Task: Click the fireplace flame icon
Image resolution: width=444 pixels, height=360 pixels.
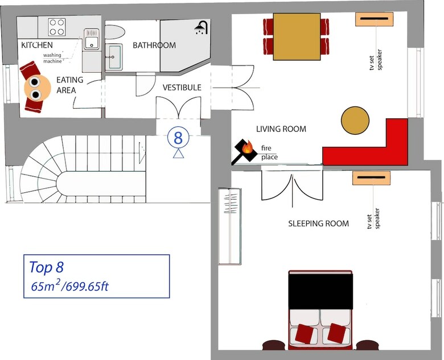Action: pyautogui.click(x=248, y=147)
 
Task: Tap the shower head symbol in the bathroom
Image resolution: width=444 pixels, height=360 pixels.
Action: pyautogui.click(x=202, y=28)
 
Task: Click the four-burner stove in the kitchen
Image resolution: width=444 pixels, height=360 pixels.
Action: pyautogui.click(x=57, y=27)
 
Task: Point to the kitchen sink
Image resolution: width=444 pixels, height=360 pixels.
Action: pyautogui.click(x=92, y=39)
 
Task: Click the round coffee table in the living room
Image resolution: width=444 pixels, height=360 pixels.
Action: pyautogui.click(x=355, y=120)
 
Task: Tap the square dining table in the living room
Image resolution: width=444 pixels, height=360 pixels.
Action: pyautogui.click(x=297, y=36)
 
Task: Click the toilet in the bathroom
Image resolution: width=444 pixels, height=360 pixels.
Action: pyautogui.click(x=114, y=32)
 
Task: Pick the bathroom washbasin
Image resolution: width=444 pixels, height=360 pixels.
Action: pyautogui.click(x=114, y=57)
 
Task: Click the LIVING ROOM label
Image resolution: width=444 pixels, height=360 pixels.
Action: pyautogui.click(x=281, y=129)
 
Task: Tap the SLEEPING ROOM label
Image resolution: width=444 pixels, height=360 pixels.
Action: pyautogui.click(x=319, y=224)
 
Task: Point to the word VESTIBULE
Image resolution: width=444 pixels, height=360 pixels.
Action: pyautogui.click(x=182, y=88)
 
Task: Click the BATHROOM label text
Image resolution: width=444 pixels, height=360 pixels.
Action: pyautogui.click(x=154, y=45)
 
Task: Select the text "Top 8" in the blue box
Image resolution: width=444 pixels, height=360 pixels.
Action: pyautogui.click(x=47, y=267)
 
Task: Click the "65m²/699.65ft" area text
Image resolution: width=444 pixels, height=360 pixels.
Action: pyautogui.click(x=69, y=286)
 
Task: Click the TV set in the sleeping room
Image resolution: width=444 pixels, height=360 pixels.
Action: pyautogui.click(x=372, y=179)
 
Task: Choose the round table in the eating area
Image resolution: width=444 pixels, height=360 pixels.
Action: pyautogui.click(x=38, y=87)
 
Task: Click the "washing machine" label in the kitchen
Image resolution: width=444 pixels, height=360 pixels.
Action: pyautogui.click(x=52, y=58)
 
